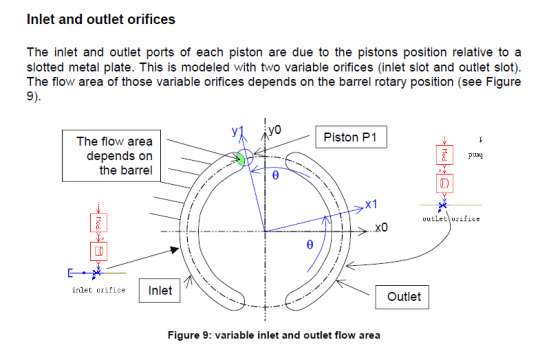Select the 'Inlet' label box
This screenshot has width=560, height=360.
click(160, 291)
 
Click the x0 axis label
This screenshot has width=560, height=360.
click(381, 228)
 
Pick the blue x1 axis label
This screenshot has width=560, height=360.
click(370, 203)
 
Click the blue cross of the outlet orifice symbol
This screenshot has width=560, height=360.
click(441, 204)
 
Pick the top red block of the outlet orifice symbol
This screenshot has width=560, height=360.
click(441, 156)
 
